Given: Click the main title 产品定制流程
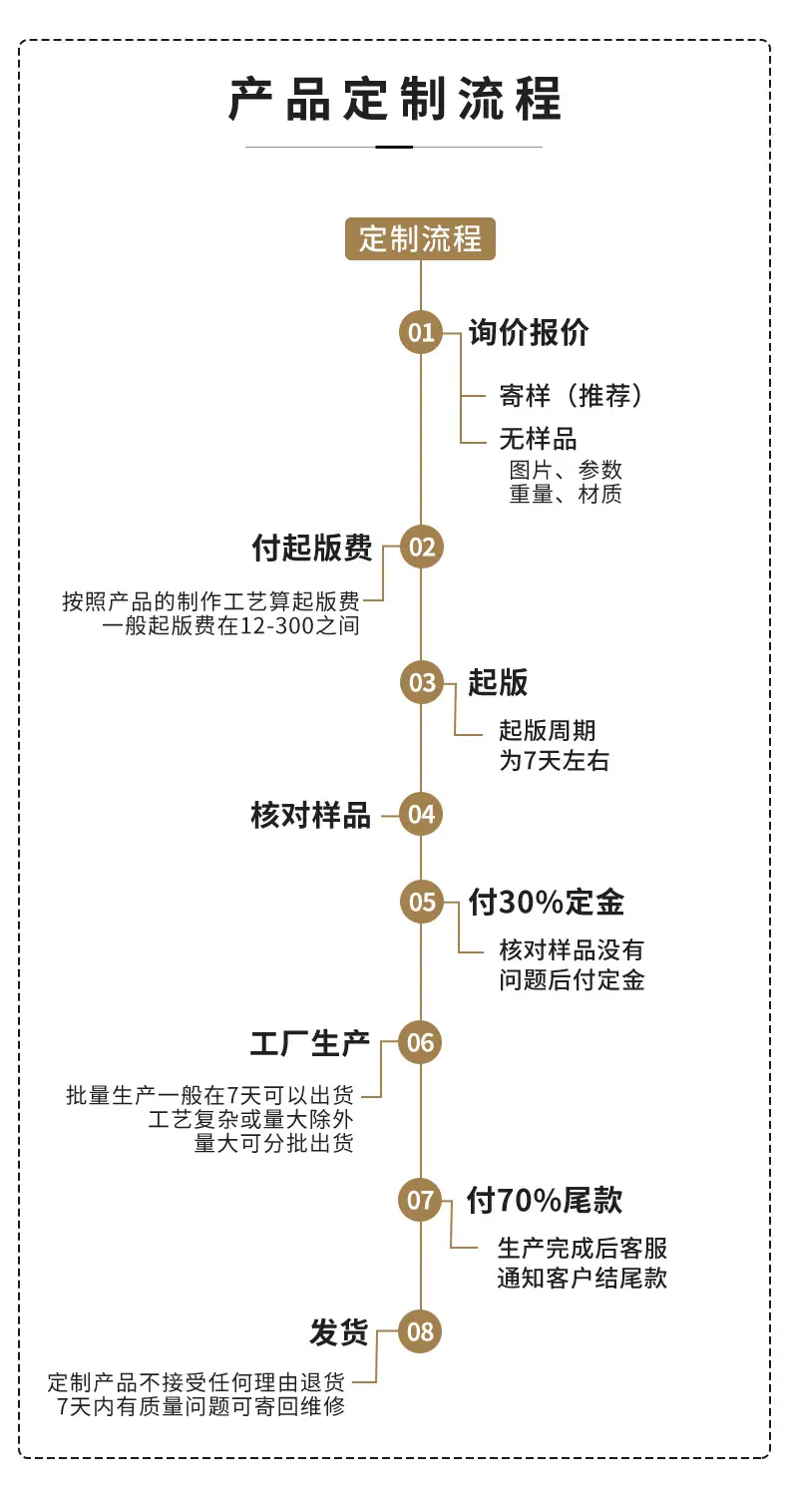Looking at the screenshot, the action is pyautogui.click(x=395, y=99).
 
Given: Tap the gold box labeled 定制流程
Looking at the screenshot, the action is pyautogui.click(x=420, y=238).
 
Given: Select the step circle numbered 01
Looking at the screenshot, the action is pyautogui.click(x=421, y=332).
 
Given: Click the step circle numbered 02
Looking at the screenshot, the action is pyautogui.click(x=422, y=547).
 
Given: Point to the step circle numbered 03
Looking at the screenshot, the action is pyautogui.click(x=422, y=682).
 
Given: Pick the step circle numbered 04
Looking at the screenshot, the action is pyautogui.click(x=421, y=815).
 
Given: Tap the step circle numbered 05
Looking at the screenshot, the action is pyautogui.click(x=422, y=902).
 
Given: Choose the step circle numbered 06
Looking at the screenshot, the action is pyautogui.click(x=420, y=1042).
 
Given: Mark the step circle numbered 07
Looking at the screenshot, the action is pyautogui.click(x=420, y=1201).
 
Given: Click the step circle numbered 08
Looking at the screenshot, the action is pyautogui.click(x=420, y=1331).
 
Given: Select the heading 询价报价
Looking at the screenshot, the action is pyautogui.click(x=529, y=332).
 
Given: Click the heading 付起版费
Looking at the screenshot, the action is pyautogui.click(x=311, y=548).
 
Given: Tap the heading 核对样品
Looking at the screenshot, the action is pyautogui.click(x=311, y=815).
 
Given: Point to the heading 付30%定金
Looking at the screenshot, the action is pyautogui.click(x=546, y=903).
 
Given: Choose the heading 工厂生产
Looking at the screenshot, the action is pyautogui.click(x=310, y=1043).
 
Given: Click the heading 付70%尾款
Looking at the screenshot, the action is pyautogui.click(x=545, y=1201).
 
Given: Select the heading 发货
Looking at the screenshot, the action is pyautogui.click(x=339, y=1331).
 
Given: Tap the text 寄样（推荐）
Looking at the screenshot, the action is pyautogui.click(x=572, y=396).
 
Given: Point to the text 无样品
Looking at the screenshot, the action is pyautogui.click(x=538, y=439).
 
